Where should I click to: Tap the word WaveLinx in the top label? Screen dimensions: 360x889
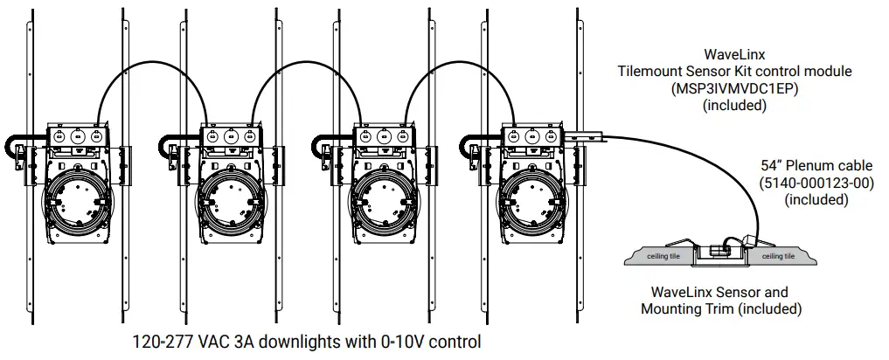tap(734, 54)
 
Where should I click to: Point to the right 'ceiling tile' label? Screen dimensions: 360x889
tap(778, 256)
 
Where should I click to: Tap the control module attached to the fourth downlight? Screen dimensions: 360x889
tap(585, 136)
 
